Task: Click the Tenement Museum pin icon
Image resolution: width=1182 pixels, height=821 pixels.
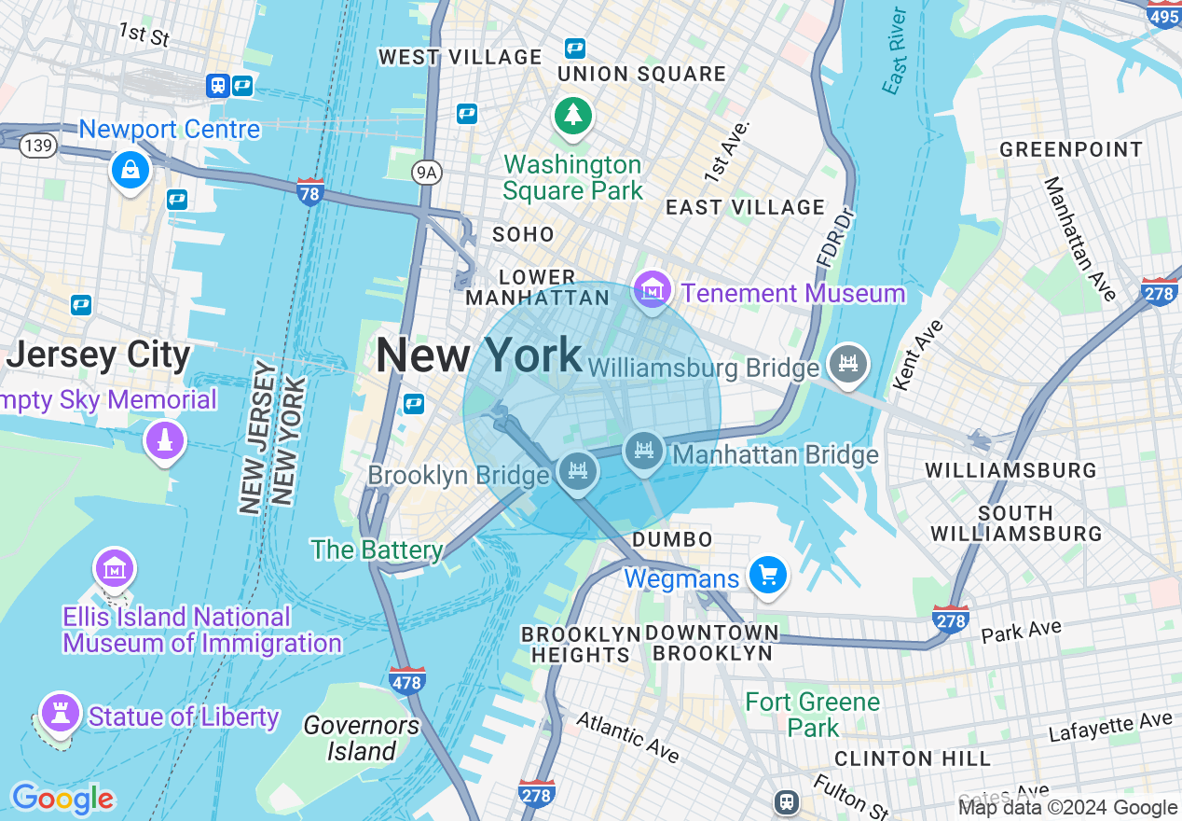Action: pyautogui.click(x=653, y=291)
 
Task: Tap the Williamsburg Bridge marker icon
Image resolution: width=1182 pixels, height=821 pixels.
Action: pyautogui.click(x=847, y=363)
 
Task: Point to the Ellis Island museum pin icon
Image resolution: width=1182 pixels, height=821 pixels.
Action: pyautogui.click(x=115, y=567)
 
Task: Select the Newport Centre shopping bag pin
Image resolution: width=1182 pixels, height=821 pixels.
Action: pyautogui.click(x=131, y=170)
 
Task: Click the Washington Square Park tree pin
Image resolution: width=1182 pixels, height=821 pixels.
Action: pyautogui.click(x=573, y=116)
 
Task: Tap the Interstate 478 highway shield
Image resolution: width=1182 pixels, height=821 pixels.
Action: pyautogui.click(x=407, y=680)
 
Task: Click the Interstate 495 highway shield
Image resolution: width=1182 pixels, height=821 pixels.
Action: pyautogui.click(x=1163, y=15)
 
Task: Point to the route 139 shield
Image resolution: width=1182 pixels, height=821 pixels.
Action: pyautogui.click(x=40, y=146)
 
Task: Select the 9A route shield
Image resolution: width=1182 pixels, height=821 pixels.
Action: pyautogui.click(x=427, y=171)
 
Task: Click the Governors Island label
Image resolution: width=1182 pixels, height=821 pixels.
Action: pyautogui.click(x=362, y=738)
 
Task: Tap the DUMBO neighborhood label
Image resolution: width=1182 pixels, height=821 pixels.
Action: pyautogui.click(x=672, y=539)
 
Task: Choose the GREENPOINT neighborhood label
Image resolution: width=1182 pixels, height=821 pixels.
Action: pyautogui.click(x=1070, y=149)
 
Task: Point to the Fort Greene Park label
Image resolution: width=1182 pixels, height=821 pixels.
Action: pyautogui.click(x=813, y=714)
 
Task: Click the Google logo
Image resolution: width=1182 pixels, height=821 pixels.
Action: pyautogui.click(x=62, y=799)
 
